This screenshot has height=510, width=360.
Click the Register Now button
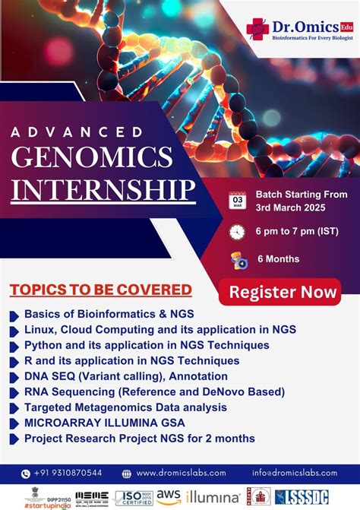coord(283,292)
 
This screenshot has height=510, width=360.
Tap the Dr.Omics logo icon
coord(257,29)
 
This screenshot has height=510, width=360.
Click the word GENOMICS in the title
coord(92,157)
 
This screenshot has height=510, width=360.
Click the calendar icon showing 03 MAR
coord(237,200)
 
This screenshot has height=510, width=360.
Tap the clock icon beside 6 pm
coord(237,231)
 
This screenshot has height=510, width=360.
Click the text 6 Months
coord(278,259)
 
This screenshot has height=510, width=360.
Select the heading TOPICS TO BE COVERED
coord(100,290)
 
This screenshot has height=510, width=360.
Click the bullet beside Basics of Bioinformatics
coord(14,314)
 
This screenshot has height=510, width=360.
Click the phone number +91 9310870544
coord(72,473)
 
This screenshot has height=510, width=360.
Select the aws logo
coord(169,496)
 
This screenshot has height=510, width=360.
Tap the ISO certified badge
coord(134,497)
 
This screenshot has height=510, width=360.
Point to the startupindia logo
coord(36,503)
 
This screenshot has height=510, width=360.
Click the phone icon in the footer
coord(26,473)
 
